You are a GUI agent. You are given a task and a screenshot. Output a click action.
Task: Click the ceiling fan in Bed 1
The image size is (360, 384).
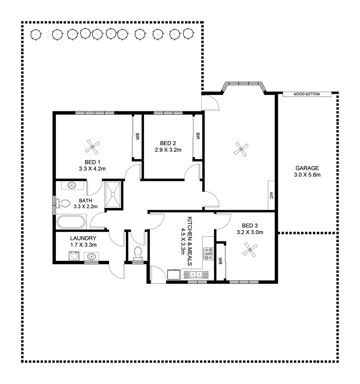[x=93, y=146]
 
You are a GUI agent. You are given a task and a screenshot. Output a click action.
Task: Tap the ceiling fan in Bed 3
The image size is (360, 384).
[x=250, y=250]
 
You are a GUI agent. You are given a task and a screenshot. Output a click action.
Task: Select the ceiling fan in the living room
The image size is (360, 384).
[x=241, y=149]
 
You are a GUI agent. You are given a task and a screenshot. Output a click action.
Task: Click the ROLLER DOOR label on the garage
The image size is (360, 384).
[x=307, y=94]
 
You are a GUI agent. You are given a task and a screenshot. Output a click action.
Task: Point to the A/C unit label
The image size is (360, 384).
[x=271, y=195]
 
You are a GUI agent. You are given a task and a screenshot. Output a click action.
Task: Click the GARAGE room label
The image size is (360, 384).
[x=307, y=168]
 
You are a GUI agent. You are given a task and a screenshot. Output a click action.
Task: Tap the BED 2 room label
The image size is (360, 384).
[x=168, y=143]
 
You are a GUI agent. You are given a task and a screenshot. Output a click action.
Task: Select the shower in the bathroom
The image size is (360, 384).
[x=113, y=194]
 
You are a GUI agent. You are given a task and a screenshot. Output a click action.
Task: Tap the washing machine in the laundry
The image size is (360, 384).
[x=74, y=256]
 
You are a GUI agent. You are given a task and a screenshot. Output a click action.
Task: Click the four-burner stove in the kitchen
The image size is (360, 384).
[x=208, y=254]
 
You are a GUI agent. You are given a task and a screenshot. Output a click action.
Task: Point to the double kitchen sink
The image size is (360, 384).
[x=195, y=274]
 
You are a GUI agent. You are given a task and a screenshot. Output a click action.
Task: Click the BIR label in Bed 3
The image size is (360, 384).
[x=221, y=261]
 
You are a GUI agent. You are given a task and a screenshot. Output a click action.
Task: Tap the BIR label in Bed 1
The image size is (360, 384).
[x=137, y=136]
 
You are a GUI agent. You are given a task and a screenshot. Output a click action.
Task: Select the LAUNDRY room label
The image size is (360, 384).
[x=83, y=238]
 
